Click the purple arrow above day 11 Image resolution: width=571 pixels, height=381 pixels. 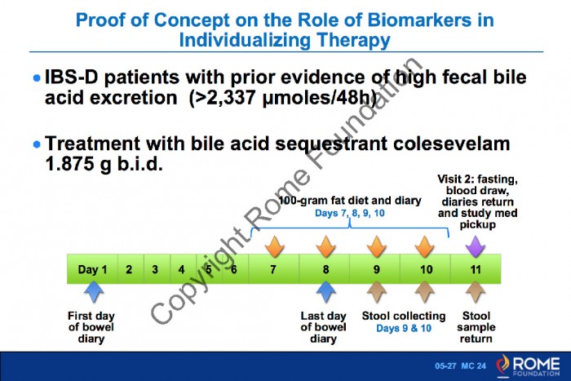point(476,246)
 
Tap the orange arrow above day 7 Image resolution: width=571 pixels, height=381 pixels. point(274,246)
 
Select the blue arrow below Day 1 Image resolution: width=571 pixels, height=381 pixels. point(94,292)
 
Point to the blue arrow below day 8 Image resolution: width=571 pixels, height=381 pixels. point(325,292)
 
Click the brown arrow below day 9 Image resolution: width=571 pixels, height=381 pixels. point(376,292)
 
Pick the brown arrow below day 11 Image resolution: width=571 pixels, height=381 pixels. point(476,292)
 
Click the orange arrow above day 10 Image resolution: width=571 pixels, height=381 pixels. point(424,246)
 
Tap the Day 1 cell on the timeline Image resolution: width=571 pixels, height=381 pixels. point(92,269)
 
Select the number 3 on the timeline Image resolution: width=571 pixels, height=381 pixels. point(155,269)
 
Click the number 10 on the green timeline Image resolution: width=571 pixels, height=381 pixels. point(427,269)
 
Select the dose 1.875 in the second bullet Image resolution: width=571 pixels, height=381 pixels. point(69,164)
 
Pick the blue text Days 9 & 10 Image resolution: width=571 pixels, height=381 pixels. point(404,328)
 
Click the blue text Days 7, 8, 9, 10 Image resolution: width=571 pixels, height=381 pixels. point(350,213)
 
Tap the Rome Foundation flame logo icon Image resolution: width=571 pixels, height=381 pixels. point(503,365)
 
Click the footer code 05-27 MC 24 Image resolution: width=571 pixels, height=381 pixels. point(460,365)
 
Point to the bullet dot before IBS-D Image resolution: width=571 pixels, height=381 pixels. point(37,78)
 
